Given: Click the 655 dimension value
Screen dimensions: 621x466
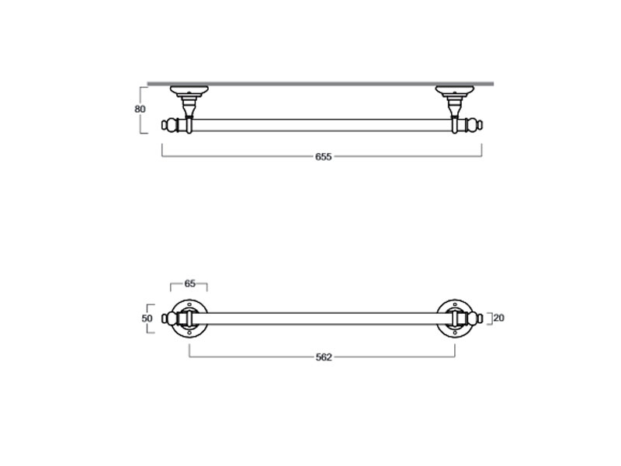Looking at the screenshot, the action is [x=323, y=157].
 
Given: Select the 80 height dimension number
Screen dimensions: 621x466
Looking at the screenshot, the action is [x=140, y=109].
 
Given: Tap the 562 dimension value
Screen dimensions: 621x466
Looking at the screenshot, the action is [x=324, y=357].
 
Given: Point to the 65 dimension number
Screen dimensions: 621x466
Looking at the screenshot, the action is [x=190, y=283].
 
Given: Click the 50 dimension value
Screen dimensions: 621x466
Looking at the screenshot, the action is [x=147, y=318].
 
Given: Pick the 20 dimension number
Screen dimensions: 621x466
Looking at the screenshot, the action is [x=499, y=318].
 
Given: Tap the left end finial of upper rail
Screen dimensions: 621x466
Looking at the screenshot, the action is [x=169, y=125].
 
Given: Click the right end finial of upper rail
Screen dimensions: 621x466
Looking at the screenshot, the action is [x=474, y=125].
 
